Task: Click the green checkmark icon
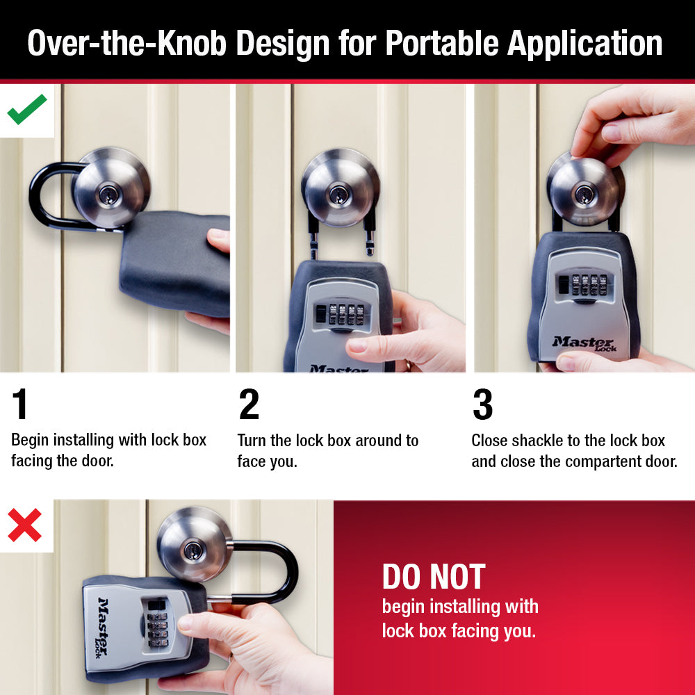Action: click(27, 110)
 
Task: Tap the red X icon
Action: click(25, 525)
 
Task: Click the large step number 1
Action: click(21, 405)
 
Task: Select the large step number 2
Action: click(249, 405)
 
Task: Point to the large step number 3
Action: click(482, 405)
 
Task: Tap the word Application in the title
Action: click(584, 43)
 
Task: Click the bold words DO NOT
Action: click(433, 577)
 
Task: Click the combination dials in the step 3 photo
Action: click(584, 286)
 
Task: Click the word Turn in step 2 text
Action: click(252, 441)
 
